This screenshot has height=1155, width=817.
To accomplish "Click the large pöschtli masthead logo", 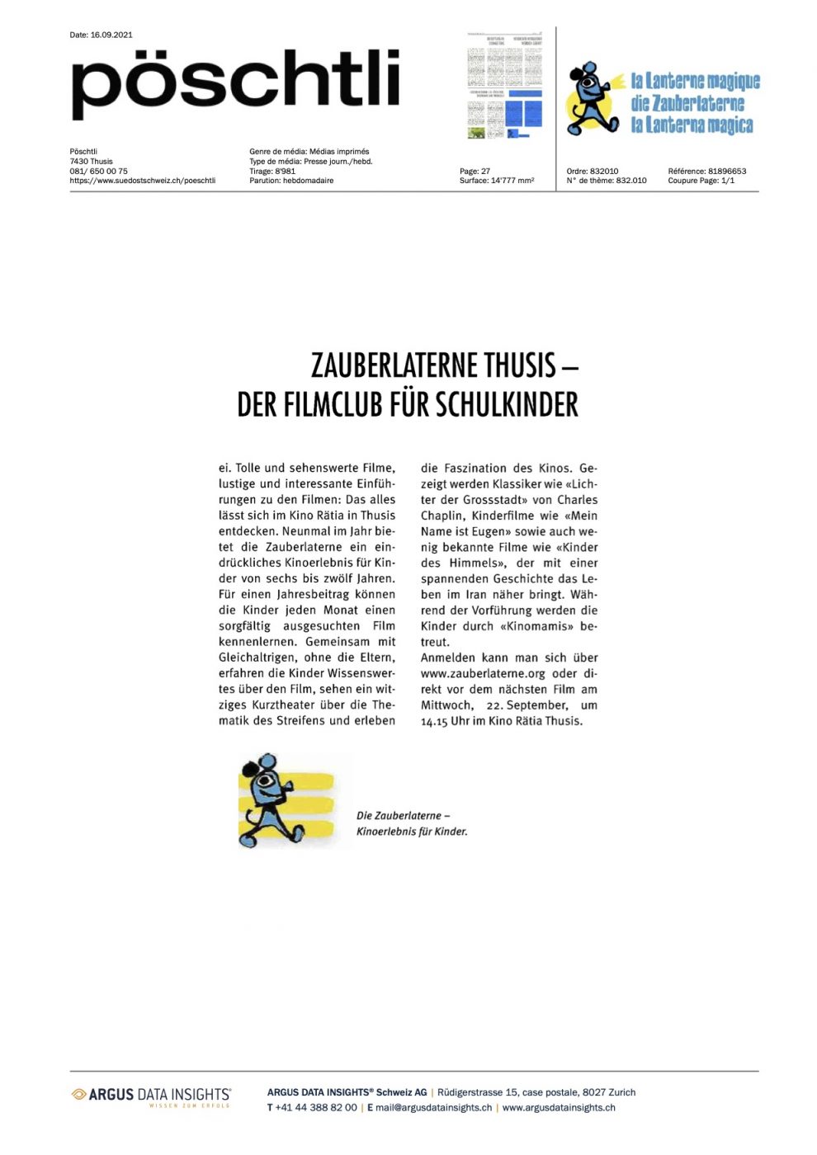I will coord(235,82).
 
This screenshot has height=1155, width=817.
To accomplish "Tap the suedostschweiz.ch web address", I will coord(143,181).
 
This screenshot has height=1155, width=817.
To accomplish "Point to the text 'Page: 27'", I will coord(475,172).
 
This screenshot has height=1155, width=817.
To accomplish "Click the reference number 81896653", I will coord(726,172).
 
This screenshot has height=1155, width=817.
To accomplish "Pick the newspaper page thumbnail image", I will coord(505,86).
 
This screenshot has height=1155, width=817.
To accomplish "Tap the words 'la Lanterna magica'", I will coord(692,125).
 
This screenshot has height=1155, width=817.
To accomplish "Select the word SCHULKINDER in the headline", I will coord(507,405).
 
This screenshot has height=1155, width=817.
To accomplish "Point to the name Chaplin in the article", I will coord(442,516).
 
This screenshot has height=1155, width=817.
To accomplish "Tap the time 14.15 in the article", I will coord(434,721).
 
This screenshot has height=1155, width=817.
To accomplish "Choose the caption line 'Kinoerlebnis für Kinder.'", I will coord(412,832).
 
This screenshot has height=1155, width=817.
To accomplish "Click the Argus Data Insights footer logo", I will coord(151,1096).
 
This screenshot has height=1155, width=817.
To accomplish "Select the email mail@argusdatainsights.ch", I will coord(433,1108).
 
